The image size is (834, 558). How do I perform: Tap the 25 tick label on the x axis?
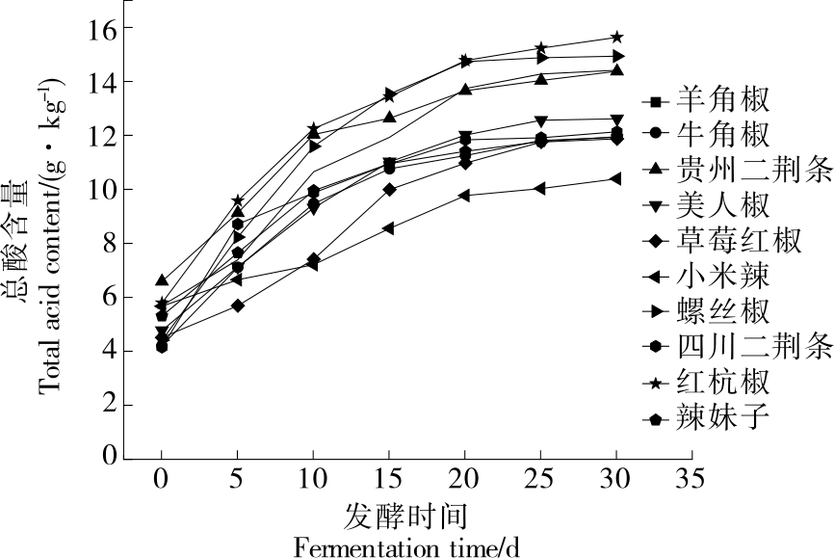coord(540,477)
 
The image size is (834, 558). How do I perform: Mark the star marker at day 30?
coord(616,38)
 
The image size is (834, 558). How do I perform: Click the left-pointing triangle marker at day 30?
coord(615,178)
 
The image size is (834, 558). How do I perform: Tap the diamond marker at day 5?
coord(237,306)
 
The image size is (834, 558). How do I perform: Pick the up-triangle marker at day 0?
coord(162,280)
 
